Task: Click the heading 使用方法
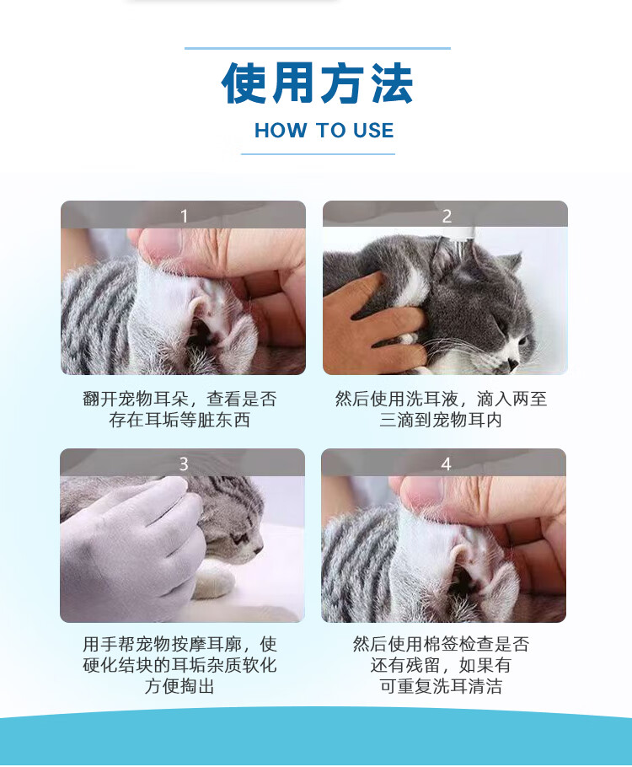point(318,83)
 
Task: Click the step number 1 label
point(184,216)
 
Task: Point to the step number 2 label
point(447,216)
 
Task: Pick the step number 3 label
point(184,464)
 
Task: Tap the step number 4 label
point(446,464)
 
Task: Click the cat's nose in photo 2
point(512,363)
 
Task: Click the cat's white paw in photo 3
point(216,580)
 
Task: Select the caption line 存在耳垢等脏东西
point(179,421)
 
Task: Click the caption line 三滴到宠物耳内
point(441,421)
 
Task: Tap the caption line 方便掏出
point(179,686)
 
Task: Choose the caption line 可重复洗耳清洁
point(441,686)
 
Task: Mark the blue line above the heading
point(318,48)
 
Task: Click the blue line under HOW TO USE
point(318,154)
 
